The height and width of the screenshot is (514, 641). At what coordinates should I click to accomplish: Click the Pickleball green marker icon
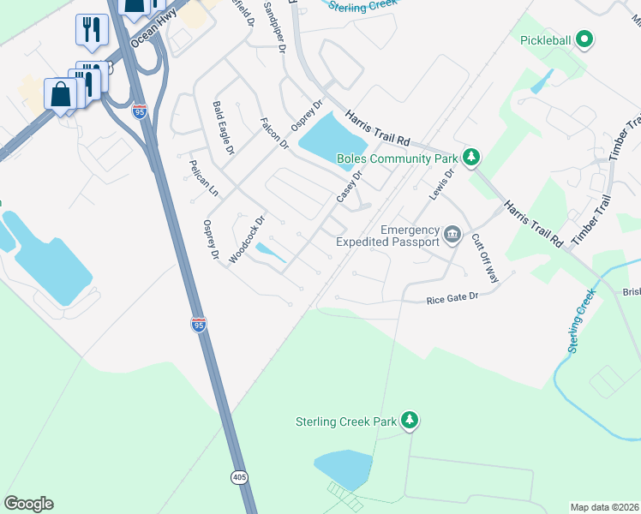[585, 39]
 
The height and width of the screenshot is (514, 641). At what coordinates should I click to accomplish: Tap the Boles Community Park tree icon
[470, 157]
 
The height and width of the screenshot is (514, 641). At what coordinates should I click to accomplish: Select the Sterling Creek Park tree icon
[410, 420]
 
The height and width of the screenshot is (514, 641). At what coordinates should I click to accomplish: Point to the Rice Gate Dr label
[451, 300]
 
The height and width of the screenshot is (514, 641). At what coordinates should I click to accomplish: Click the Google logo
[28, 504]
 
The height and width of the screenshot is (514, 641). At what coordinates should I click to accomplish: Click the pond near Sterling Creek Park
[344, 469]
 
